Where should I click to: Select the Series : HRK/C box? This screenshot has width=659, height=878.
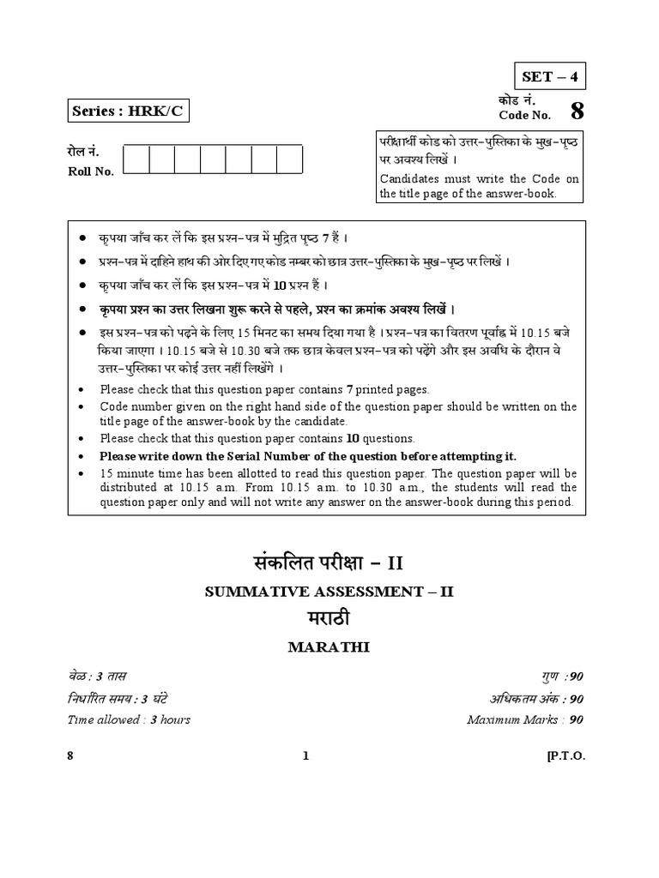point(126,111)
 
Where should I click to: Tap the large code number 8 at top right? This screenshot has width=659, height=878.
point(576,111)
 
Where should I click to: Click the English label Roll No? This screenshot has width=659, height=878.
point(91,171)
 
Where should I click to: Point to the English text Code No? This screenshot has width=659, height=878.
point(523,116)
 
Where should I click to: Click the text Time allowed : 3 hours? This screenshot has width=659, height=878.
point(129,719)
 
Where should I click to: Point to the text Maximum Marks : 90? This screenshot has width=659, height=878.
point(525,719)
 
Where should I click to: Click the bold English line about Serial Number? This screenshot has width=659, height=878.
point(308,456)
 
